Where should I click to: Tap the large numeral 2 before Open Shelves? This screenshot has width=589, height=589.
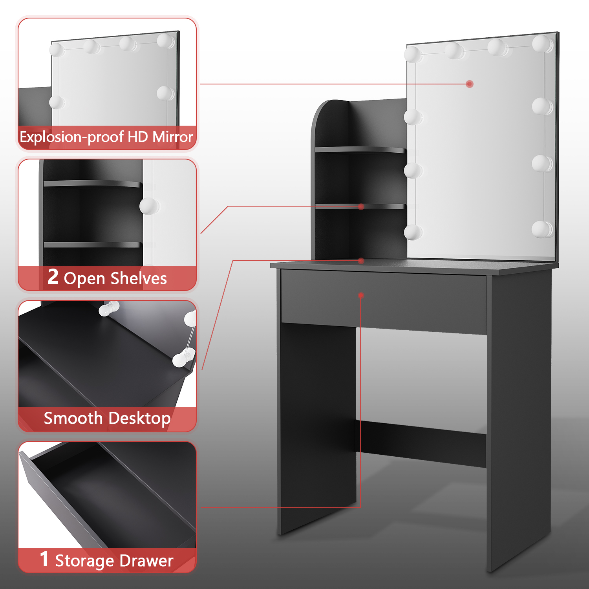click(53, 276)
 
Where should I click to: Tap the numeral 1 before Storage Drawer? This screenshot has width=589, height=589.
click(44, 559)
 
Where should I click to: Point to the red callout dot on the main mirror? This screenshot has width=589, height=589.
click(470, 84)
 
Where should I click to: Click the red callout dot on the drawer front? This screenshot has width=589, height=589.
click(361, 295)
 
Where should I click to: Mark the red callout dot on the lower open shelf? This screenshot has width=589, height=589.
click(361, 207)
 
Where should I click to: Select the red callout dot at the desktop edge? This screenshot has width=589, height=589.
click(361, 261)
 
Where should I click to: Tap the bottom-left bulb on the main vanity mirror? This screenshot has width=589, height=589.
click(413, 232)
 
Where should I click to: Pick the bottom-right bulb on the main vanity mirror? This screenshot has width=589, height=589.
click(542, 229)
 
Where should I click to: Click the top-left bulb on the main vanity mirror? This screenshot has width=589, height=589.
click(413, 54)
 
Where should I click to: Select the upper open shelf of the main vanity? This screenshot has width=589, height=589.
click(360, 150)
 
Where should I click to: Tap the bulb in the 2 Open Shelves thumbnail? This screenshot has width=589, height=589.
click(149, 206)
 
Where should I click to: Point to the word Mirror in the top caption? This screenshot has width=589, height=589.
click(173, 137)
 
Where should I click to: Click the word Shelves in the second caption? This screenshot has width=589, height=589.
click(139, 278)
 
